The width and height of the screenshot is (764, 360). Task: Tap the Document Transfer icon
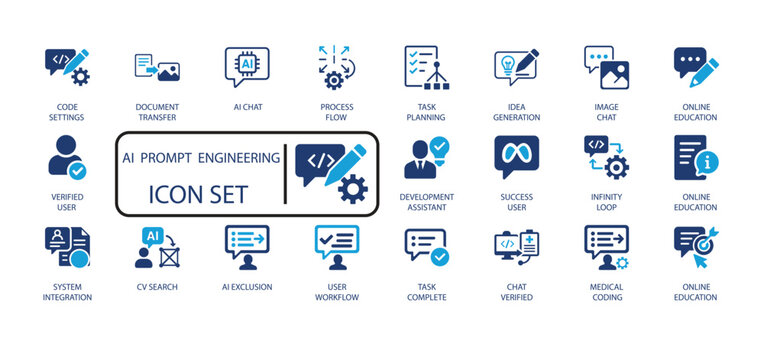tap(156, 67)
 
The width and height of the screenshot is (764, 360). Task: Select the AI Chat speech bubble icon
tap(246, 65)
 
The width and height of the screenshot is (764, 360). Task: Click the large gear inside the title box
tap(352, 189)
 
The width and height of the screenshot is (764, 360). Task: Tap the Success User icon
tap(516, 156)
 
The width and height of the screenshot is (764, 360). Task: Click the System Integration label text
tap(67, 292)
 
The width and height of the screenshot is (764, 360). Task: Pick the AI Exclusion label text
tap(246, 286)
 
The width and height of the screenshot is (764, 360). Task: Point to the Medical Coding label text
tap(606, 292)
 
